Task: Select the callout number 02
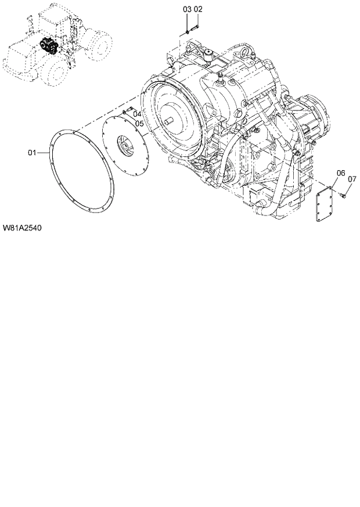tap(198, 10)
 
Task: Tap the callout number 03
tap(187, 10)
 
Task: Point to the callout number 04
tap(138, 114)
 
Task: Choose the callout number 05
tap(139, 123)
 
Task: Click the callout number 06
tap(341, 173)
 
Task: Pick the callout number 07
tap(352, 179)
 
